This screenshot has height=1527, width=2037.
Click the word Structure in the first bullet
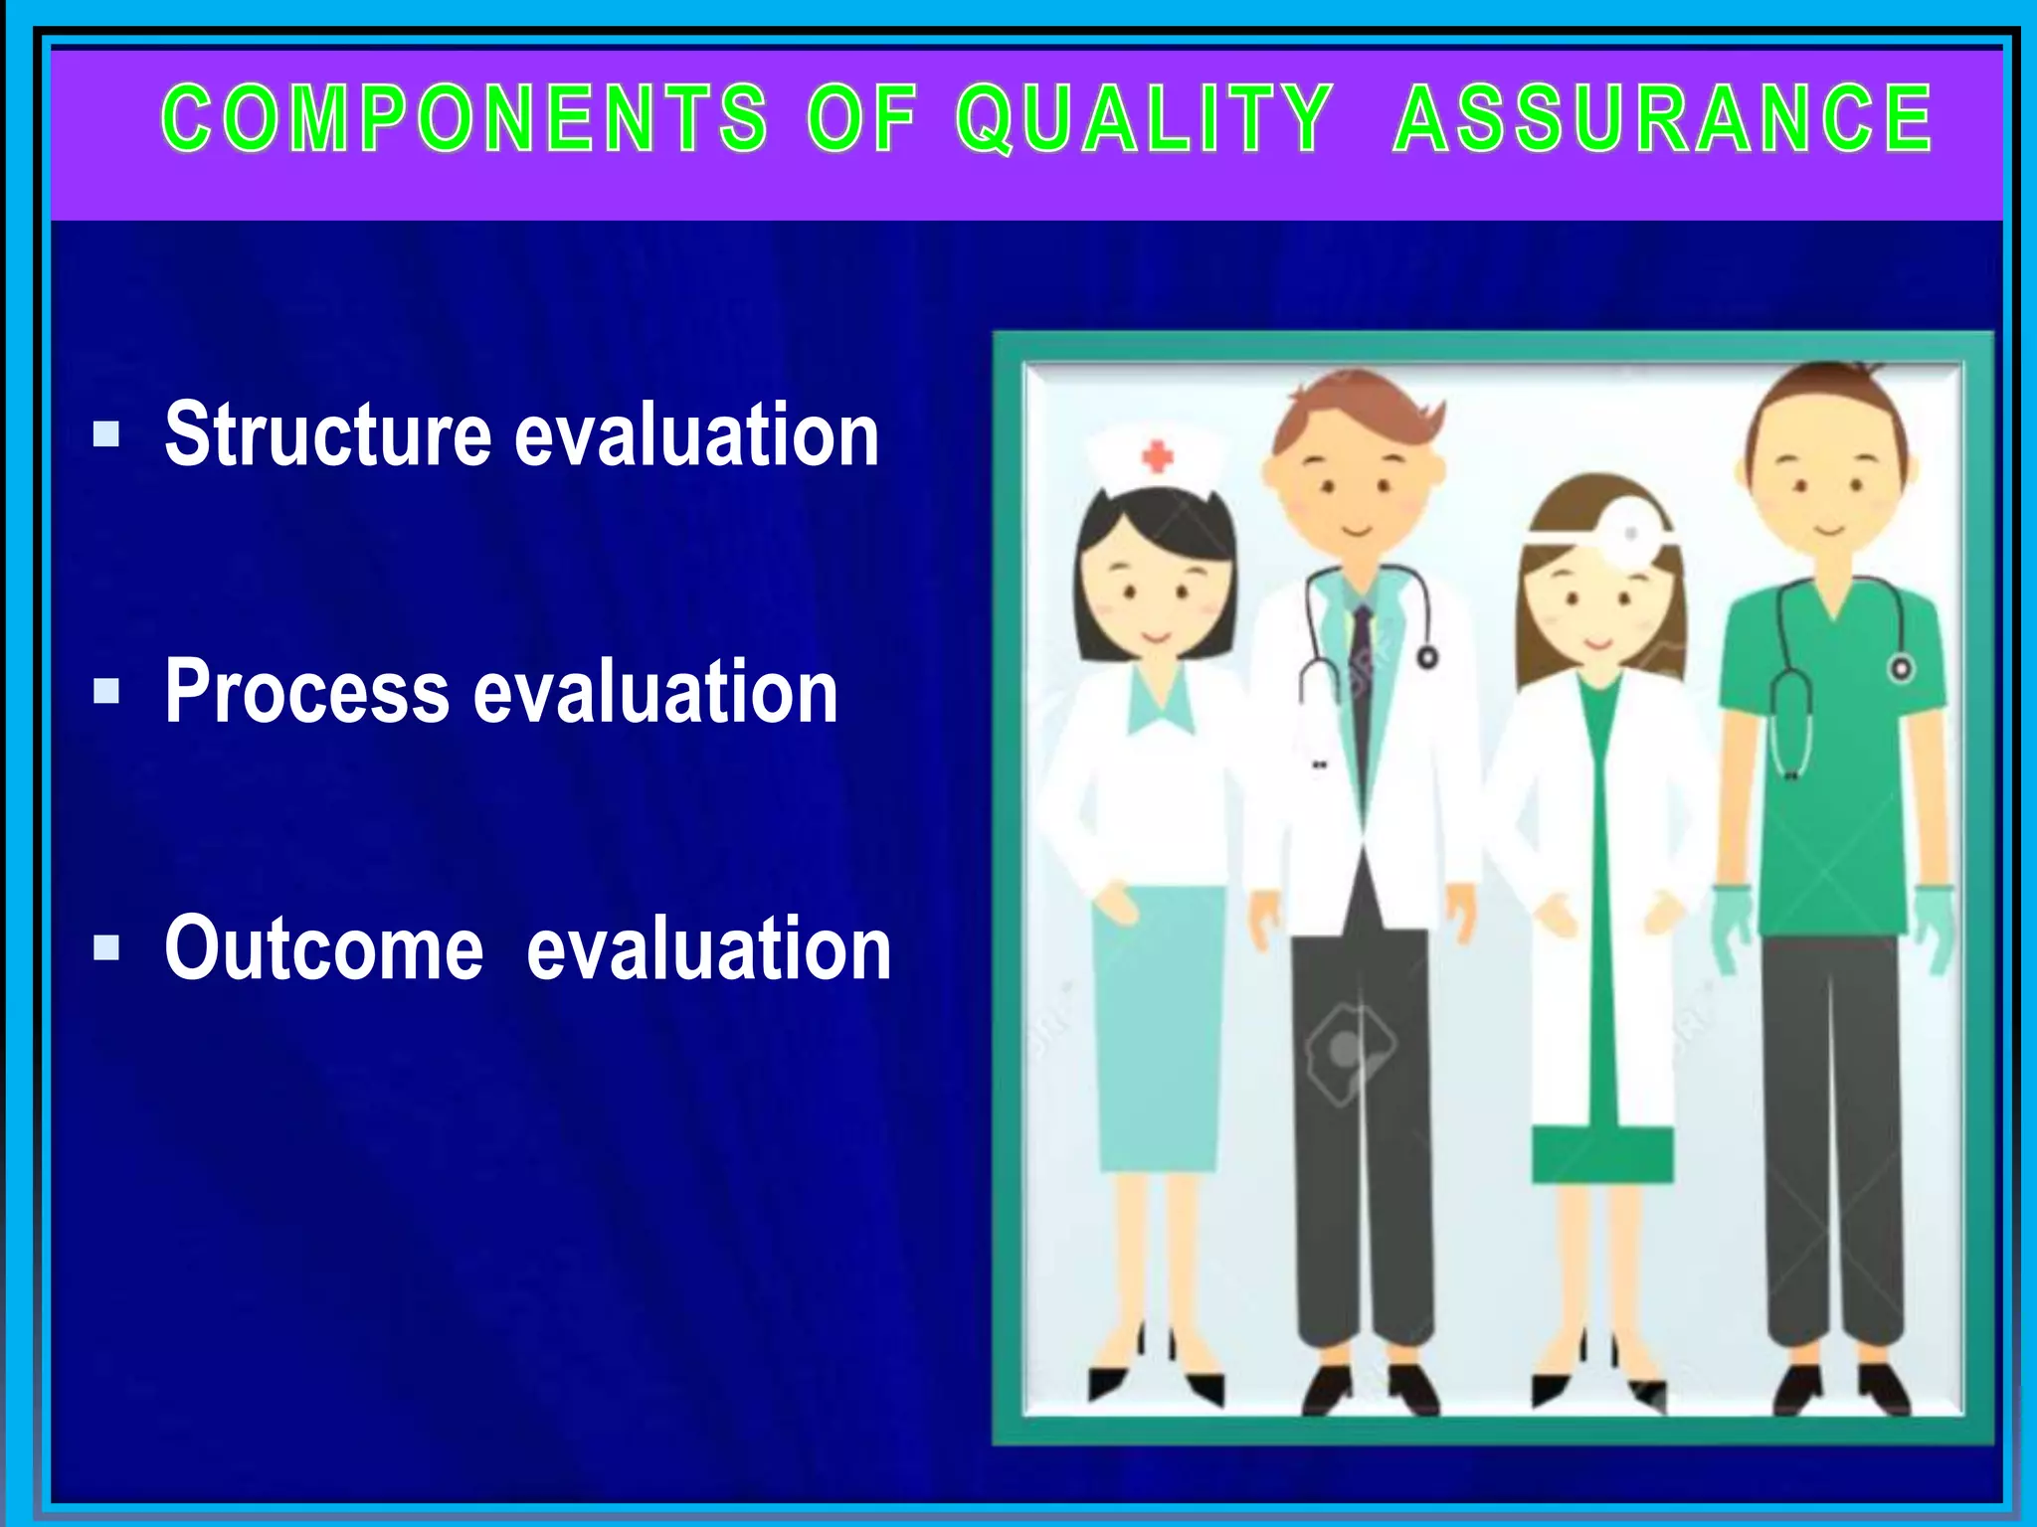(x=328, y=434)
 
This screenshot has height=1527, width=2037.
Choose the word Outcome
(x=324, y=948)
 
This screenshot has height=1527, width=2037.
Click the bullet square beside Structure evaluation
(x=106, y=434)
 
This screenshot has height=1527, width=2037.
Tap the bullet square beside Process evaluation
(x=106, y=691)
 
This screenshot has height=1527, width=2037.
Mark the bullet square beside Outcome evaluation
(x=106, y=947)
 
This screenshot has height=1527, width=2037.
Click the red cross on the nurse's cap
(x=1157, y=457)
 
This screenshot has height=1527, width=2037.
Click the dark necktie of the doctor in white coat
(x=1362, y=686)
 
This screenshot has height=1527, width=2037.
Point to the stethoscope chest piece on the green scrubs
(x=1901, y=669)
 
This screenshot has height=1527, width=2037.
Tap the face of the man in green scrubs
(x=1828, y=487)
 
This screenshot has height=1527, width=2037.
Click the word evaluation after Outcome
(x=708, y=948)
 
